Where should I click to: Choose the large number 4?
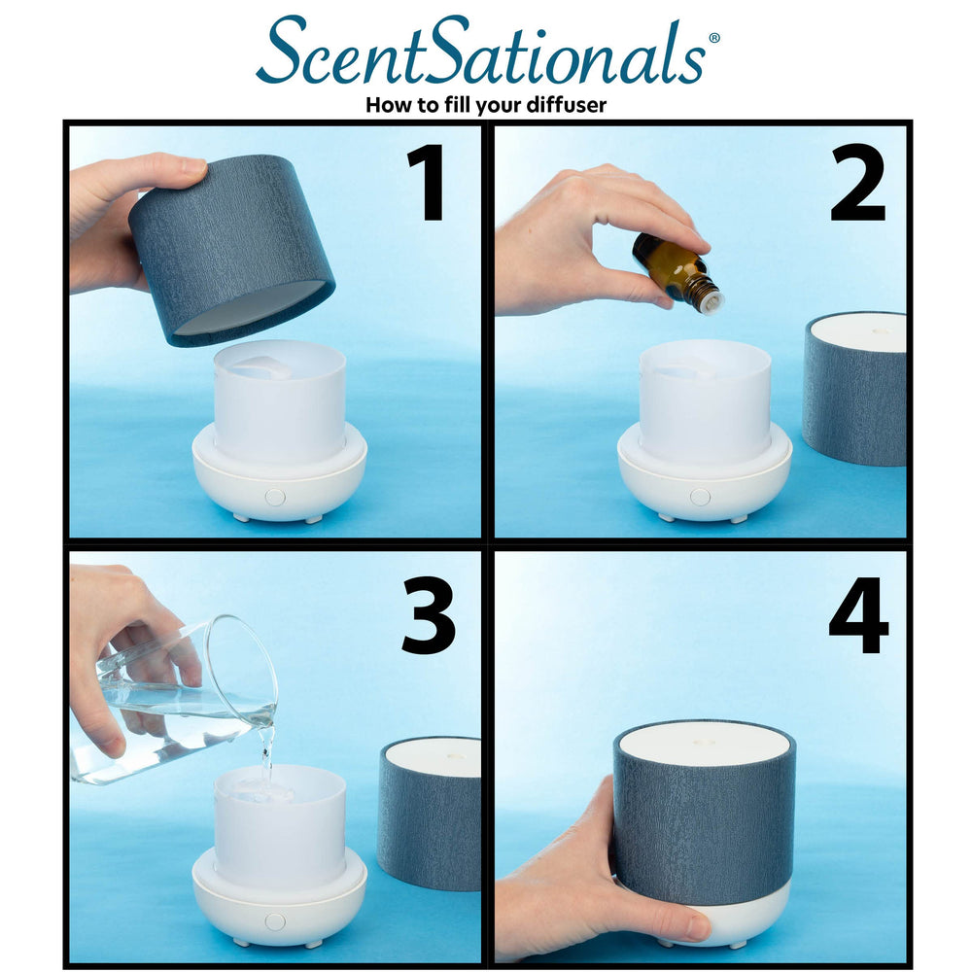(x=857, y=615)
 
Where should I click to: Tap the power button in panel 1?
(x=275, y=497)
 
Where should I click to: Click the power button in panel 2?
(x=700, y=497)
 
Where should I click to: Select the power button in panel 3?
(x=275, y=920)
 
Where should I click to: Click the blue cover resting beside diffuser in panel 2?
(x=855, y=389)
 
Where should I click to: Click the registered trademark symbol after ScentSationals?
(x=714, y=38)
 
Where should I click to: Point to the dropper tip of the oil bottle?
(x=712, y=302)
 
